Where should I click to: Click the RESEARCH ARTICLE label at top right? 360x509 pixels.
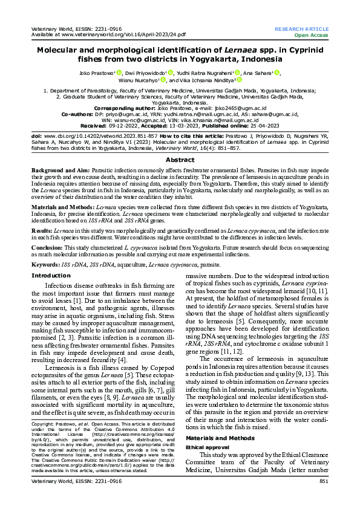tap(303, 29)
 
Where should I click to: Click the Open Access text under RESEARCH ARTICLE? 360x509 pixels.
tap(311, 35)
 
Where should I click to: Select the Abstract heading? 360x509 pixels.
tap(180, 159)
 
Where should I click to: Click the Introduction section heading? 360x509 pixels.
tap(50, 276)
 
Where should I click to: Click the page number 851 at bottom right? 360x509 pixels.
tap(323, 498)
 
